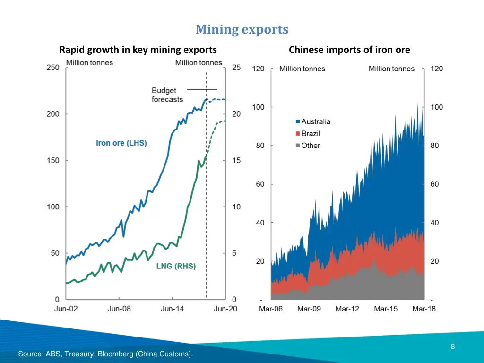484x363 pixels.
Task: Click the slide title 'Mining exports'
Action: (x=242, y=29)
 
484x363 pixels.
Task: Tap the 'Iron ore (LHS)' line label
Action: (x=121, y=143)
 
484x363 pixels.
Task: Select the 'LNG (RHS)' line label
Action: (x=176, y=266)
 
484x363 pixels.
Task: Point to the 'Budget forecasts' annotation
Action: (x=167, y=95)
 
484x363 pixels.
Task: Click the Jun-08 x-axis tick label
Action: (x=120, y=309)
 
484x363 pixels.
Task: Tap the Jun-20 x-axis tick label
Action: (x=225, y=309)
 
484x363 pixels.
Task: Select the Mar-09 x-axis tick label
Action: (x=309, y=309)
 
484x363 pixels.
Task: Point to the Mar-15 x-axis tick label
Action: (x=386, y=309)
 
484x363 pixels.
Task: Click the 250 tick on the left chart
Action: (x=53, y=68)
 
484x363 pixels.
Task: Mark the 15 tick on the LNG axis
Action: (x=236, y=160)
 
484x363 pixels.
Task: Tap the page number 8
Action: (x=453, y=346)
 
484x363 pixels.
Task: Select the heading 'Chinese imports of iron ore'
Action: (x=349, y=50)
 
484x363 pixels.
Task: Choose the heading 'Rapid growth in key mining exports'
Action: (x=138, y=50)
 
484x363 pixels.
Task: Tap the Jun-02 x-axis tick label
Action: (x=66, y=309)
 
